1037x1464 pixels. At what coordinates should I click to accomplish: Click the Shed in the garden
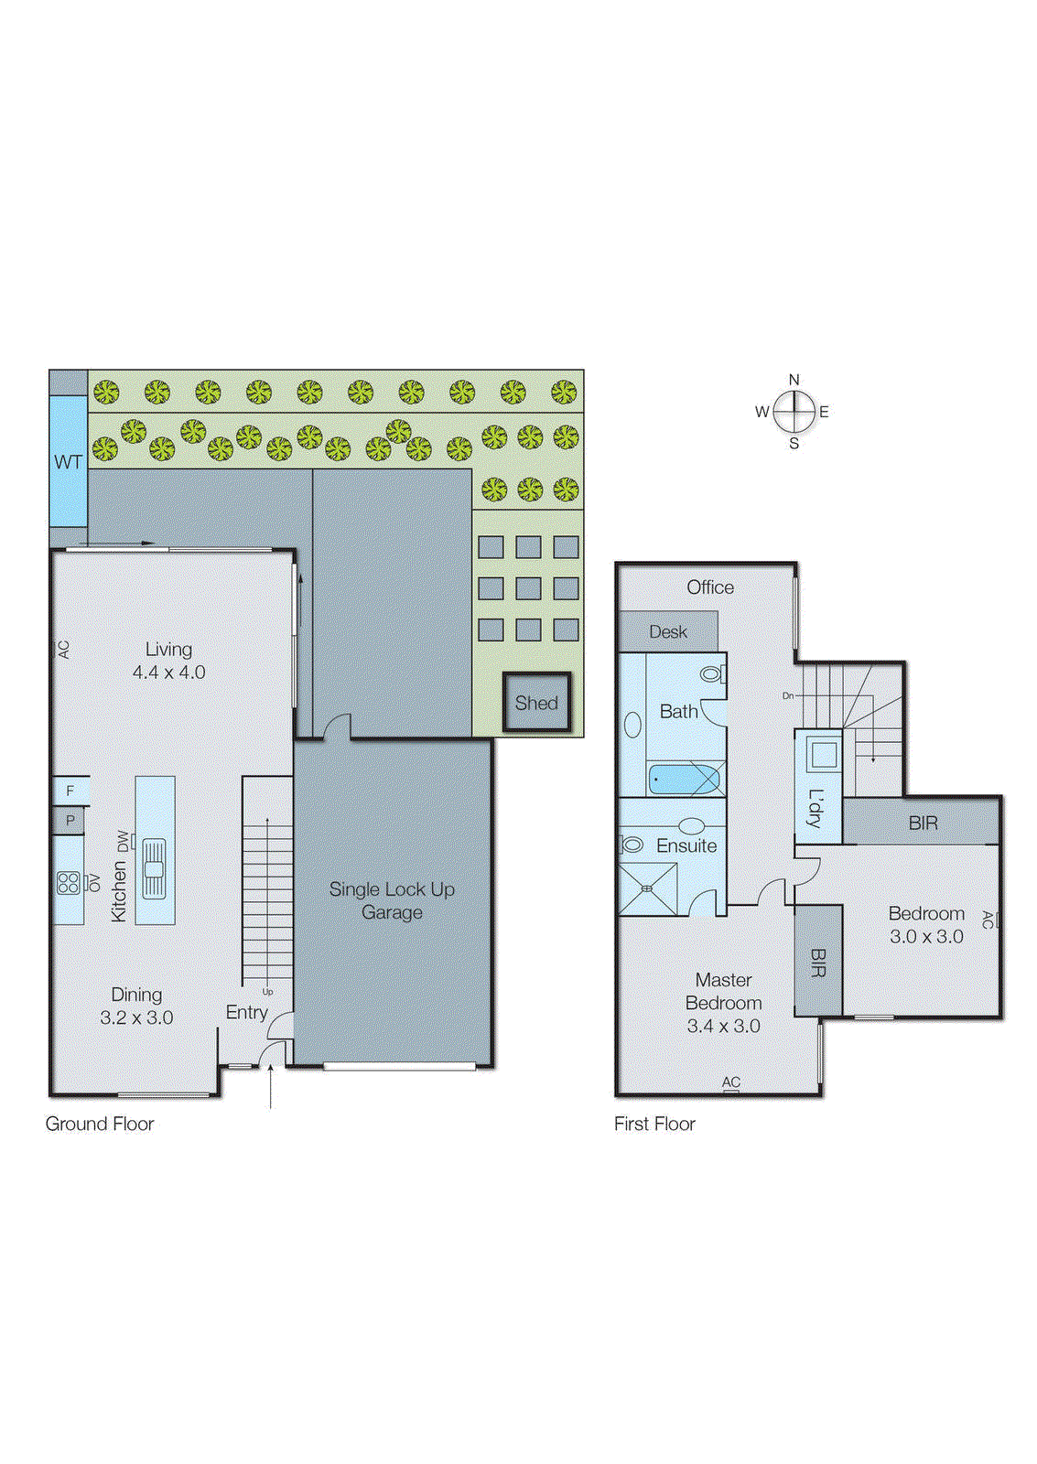[536, 703]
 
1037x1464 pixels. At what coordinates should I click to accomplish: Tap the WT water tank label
[68, 462]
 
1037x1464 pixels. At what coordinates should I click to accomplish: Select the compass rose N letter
[794, 380]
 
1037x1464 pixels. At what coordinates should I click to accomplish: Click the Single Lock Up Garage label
[392, 900]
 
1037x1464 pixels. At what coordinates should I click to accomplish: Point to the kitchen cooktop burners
[69, 883]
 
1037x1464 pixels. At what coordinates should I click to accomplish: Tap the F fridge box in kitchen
[70, 791]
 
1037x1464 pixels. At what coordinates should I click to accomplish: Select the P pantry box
[70, 821]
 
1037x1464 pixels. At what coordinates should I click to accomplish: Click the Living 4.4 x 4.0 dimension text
[168, 672]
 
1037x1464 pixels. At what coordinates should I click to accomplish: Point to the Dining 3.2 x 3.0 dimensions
[136, 1017]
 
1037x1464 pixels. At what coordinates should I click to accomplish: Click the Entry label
[246, 1012]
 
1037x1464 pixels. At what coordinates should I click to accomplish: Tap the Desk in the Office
[668, 631]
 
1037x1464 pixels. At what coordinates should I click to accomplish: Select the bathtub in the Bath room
[684, 780]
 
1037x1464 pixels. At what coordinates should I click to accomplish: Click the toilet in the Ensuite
[632, 845]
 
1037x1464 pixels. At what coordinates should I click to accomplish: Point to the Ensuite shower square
[647, 888]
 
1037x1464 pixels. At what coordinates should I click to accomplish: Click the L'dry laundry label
[816, 808]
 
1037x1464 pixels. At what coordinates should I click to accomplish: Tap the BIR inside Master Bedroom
[818, 962]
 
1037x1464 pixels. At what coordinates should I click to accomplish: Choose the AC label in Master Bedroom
[730, 1082]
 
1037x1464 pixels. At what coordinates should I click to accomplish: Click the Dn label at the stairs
[788, 696]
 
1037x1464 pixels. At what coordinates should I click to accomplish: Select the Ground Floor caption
[100, 1124]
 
